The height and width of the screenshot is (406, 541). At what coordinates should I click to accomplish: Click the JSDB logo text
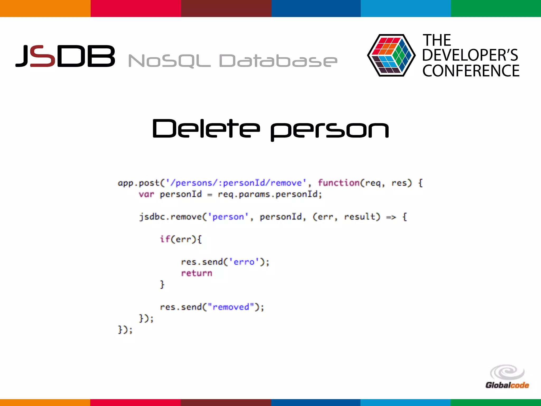coord(65,56)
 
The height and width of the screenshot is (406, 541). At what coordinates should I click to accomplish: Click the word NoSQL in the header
coord(169,61)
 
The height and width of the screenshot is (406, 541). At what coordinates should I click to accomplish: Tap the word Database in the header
coord(278,61)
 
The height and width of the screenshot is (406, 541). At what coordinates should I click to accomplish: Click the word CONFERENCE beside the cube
coord(471,71)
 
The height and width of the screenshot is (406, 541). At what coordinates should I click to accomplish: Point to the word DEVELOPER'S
coord(470,55)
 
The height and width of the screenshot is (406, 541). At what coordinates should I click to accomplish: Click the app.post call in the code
coord(138,183)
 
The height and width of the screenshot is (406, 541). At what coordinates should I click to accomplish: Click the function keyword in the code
coord(338,183)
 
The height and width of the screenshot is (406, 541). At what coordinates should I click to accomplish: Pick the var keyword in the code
coord(146,195)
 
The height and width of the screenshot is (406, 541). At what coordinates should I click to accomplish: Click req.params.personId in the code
coord(270,195)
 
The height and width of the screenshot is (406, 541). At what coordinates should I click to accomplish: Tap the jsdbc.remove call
coord(170,217)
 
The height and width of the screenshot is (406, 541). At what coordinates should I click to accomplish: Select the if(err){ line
coord(181,239)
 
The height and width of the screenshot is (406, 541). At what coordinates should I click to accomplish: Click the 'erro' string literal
coord(244,262)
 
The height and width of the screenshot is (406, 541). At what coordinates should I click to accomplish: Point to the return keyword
coord(197,273)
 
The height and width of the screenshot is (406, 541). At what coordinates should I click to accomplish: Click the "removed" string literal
coord(231,307)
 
